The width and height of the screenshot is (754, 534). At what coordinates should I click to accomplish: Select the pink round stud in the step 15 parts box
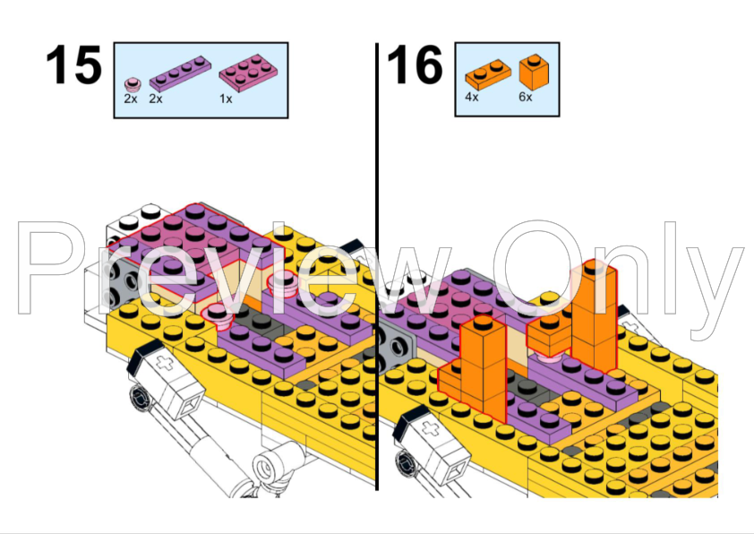133,85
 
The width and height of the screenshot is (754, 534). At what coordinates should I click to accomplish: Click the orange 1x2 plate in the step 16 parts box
488,74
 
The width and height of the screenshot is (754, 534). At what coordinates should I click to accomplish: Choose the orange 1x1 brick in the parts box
534,72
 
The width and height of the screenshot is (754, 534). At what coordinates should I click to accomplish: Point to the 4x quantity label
472,97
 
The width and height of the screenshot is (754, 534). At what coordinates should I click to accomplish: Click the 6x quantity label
526,97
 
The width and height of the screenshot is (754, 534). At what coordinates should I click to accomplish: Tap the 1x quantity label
226,99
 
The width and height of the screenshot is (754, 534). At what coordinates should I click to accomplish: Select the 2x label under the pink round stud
131,99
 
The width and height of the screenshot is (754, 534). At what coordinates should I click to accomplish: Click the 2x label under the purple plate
156,99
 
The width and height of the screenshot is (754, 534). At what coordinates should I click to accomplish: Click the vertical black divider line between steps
378,266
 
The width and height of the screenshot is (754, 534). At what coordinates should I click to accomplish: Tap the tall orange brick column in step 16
594,315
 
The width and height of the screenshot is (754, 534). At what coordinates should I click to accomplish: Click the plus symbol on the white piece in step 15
166,364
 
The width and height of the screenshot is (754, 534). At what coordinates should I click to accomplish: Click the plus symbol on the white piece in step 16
431,428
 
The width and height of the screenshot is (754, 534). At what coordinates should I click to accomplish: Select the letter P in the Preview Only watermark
48,268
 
